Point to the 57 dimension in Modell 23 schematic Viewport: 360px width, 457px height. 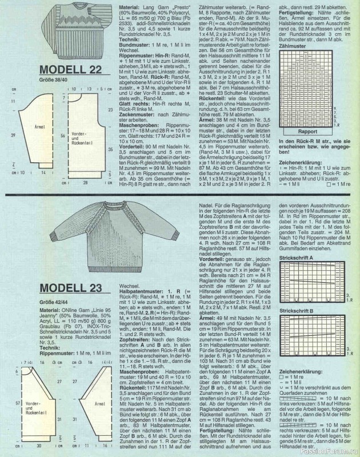pyautogui.click(x=6, y=403)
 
